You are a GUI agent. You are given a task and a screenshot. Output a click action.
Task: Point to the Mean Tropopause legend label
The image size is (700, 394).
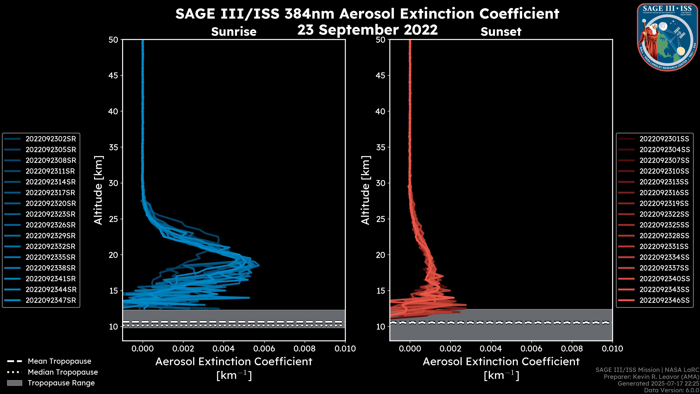tap(59, 361)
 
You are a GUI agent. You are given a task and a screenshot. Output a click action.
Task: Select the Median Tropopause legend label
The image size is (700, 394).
tap(63, 372)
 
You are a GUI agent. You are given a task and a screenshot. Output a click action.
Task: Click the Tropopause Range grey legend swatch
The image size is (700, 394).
tap(14, 383)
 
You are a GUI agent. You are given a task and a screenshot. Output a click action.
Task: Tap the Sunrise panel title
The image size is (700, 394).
tap(234, 32)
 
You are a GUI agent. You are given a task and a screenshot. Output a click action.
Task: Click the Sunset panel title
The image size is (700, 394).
tap(501, 32)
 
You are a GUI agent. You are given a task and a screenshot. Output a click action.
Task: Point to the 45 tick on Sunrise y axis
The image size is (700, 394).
tap(114, 75)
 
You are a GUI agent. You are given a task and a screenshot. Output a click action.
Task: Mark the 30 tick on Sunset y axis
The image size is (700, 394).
tap(381, 183)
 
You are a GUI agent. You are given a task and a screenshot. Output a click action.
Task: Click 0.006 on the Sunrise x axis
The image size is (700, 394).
tap(264, 349)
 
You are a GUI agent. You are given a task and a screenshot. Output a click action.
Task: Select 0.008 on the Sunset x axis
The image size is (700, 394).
tap(572, 349)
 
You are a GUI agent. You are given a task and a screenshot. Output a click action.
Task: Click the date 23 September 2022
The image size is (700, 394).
tap(367, 30)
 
